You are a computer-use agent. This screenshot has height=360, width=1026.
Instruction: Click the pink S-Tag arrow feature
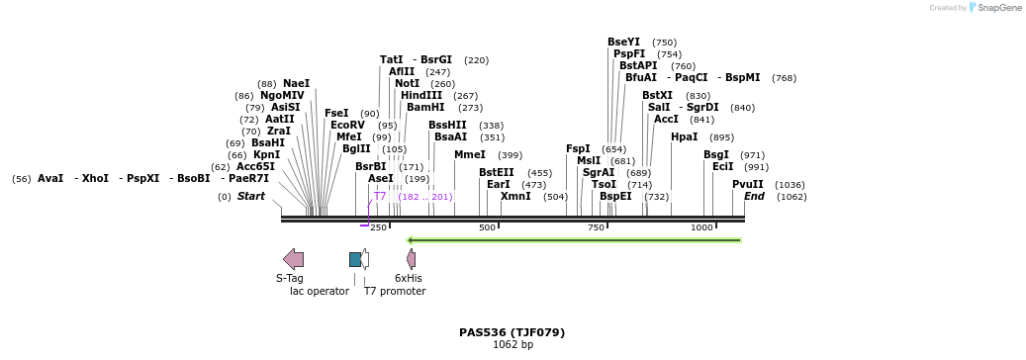(x=294, y=259)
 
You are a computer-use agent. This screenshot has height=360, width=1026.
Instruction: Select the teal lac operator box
(x=355, y=259)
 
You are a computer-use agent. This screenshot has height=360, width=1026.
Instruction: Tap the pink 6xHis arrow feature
(x=411, y=259)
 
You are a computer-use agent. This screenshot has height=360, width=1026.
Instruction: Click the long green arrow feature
(x=574, y=239)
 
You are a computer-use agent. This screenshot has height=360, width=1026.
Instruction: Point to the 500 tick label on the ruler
(x=487, y=227)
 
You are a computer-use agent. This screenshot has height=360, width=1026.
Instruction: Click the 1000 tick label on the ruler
(x=701, y=227)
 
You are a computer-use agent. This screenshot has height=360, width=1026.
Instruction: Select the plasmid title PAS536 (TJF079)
(x=512, y=332)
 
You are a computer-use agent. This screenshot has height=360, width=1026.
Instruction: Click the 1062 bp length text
(x=512, y=344)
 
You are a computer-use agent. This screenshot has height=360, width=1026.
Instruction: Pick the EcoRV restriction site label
(x=347, y=125)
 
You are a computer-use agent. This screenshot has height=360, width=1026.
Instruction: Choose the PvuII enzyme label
(x=747, y=184)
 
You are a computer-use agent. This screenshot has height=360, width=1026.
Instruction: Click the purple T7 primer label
(x=380, y=196)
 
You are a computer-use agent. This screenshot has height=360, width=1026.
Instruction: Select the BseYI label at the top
(x=623, y=42)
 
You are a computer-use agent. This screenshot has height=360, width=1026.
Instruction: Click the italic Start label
(x=250, y=196)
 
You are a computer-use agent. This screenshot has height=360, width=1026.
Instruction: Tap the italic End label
(x=754, y=196)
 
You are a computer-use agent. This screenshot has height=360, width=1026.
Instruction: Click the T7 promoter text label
(x=395, y=291)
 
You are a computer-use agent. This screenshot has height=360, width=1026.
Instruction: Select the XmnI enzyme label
(x=515, y=196)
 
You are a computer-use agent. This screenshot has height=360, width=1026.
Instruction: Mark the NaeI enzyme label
(x=296, y=83)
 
